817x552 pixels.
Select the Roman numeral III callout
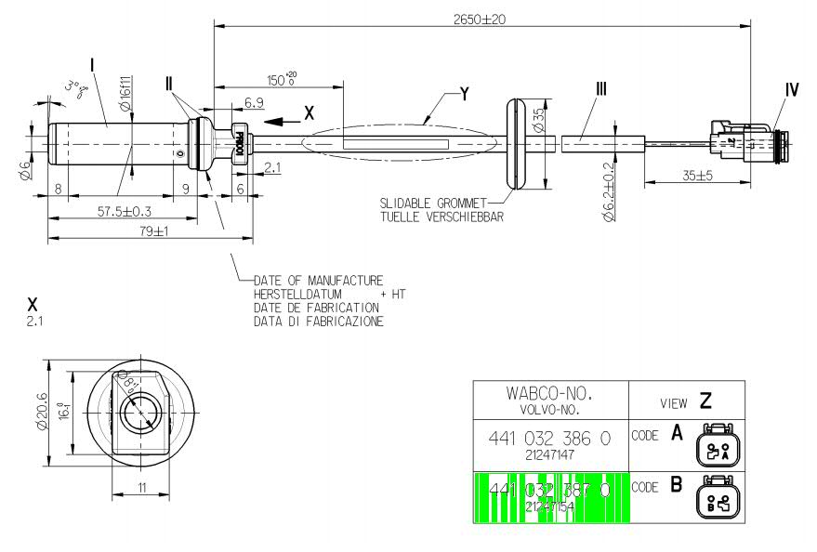click(x=601, y=89)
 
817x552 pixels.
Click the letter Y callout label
click(x=464, y=94)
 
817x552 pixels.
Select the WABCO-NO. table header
click(x=550, y=393)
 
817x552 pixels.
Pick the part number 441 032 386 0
click(x=550, y=438)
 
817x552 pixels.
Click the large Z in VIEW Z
click(x=706, y=401)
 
